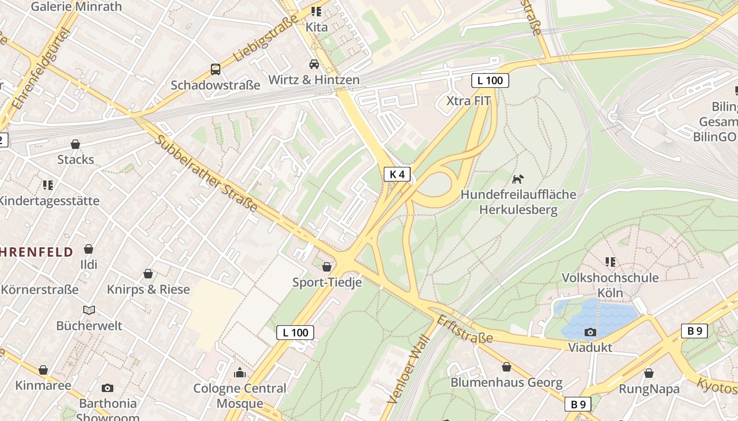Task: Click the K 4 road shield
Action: (x=397, y=174)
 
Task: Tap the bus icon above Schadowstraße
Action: (x=215, y=69)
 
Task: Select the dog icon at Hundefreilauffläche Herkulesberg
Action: (x=518, y=179)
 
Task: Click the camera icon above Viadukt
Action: (x=590, y=332)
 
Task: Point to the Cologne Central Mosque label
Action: (x=240, y=396)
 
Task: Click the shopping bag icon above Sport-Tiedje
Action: (x=327, y=267)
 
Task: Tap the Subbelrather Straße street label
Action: (x=206, y=173)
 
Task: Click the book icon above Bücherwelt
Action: (x=89, y=310)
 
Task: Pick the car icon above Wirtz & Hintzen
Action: (x=314, y=64)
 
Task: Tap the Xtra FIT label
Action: (x=468, y=101)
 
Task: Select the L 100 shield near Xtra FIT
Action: (x=490, y=81)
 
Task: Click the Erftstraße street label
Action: (x=464, y=329)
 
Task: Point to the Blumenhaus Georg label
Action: (x=506, y=383)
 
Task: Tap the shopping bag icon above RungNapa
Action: (x=648, y=373)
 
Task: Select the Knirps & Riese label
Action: (x=148, y=289)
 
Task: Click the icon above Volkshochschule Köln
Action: (x=610, y=262)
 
